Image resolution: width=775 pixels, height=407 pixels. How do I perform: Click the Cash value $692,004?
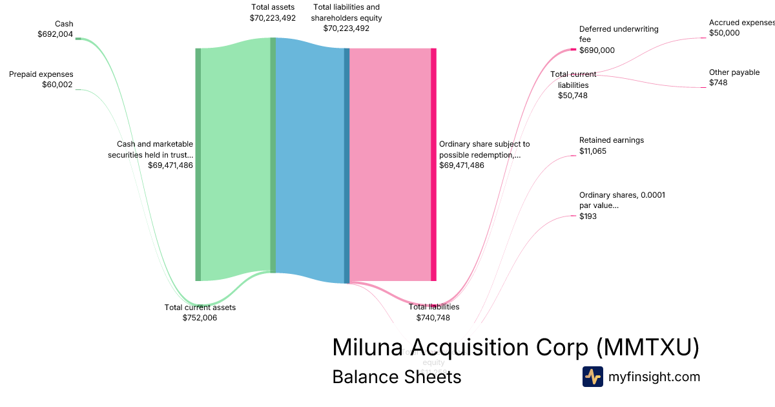[55, 34]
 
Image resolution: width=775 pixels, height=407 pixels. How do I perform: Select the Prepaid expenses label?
[41, 74]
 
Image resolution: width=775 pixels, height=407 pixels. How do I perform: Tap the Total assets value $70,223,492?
[273, 18]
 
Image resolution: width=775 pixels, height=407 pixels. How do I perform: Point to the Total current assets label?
[200, 308]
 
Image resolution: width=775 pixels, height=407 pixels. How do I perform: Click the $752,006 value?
[200, 318]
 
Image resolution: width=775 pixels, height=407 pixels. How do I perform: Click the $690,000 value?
[597, 50]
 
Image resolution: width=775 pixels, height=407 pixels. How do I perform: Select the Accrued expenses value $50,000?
[724, 33]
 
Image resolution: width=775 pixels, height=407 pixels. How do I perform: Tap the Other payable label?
[734, 72]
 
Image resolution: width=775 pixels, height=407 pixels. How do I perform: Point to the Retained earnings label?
[612, 140]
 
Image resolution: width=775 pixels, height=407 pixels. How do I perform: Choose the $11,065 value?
[593, 151]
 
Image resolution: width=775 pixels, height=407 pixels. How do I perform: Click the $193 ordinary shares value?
[588, 216]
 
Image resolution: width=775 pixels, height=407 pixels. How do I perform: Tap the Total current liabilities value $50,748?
[573, 96]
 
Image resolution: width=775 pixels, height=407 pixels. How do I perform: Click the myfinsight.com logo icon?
[592, 377]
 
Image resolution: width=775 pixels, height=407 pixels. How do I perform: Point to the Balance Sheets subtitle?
[397, 377]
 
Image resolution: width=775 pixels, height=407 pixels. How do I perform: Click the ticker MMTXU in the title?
[646, 348]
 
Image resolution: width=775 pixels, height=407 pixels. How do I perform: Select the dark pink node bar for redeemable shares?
[433, 164]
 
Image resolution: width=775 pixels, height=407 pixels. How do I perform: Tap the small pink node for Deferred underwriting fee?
[573, 49]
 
